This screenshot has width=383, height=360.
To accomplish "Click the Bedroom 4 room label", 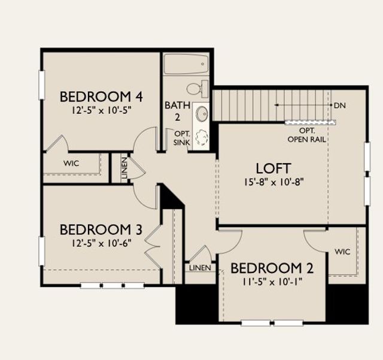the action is (101, 96).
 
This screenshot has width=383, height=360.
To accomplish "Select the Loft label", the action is (273, 168).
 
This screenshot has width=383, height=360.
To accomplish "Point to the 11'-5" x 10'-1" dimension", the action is (272, 282).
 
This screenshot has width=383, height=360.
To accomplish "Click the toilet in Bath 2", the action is (197, 88).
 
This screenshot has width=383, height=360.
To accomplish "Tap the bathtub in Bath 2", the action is (186, 64).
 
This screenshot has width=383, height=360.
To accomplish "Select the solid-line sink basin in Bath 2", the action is (202, 114).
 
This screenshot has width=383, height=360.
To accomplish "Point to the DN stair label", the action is (340, 105).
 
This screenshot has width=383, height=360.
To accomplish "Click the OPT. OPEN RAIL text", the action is (306, 135).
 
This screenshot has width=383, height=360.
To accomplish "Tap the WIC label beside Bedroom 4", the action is (71, 163).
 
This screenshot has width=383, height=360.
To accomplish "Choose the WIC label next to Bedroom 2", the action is (342, 252).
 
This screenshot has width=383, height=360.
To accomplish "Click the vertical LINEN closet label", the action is (124, 168).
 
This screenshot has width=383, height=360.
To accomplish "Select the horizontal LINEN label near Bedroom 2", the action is (200, 268).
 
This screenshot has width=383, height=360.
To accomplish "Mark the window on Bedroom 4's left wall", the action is (42, 85).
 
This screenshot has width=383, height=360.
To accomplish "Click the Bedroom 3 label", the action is (101, 230).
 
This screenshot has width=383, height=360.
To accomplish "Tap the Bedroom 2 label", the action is (272, 268).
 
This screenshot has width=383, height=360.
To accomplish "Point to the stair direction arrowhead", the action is (276, 105).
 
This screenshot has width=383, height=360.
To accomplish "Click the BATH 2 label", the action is (178, 111).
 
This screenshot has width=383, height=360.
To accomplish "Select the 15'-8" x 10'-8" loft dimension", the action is (274, 182).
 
